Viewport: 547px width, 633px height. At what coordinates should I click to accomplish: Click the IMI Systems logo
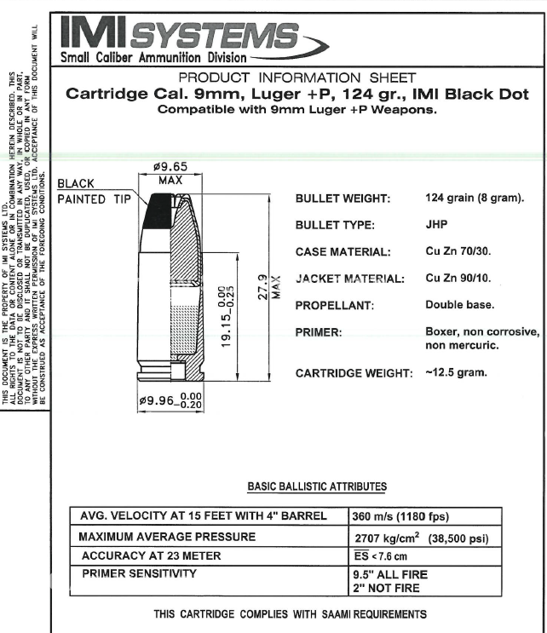(x=193, y=40)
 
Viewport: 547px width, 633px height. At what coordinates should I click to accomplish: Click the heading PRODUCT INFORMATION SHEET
(x=297, y=78)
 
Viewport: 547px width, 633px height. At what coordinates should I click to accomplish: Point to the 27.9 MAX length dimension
(x=268, y=287)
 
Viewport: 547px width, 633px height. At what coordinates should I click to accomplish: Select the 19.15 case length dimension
(x=227, y=316)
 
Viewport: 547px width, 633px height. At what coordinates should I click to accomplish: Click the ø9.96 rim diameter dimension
(x=170, y=400)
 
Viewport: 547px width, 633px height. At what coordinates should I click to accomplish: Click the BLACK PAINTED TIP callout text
(x=94, y=192)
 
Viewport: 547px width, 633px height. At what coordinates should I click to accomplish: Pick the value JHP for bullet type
(x=436, y=224)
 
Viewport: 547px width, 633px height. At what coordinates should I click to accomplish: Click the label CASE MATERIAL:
(x=343, y=252)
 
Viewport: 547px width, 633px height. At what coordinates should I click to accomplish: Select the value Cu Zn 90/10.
(x=458, y=278)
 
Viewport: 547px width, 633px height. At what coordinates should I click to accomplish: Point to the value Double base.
(x=460, y=304)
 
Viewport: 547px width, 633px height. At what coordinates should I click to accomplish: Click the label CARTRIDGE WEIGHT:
(x=354, y=373)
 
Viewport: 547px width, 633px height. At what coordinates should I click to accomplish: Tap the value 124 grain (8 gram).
(x=475, y=198)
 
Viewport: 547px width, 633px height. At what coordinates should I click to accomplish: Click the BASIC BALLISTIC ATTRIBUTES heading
(x=317, y=486)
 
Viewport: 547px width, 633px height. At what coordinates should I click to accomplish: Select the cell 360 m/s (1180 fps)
(x=400, y=516)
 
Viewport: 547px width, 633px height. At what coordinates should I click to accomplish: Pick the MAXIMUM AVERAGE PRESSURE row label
(x=167, y=537)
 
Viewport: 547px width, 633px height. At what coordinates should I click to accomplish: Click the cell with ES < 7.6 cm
(x=380, y=555)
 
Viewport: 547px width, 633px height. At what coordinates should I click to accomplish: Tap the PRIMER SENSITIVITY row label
(x=139, y=573)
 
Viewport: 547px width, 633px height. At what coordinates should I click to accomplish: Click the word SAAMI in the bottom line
(x=337, y=614)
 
